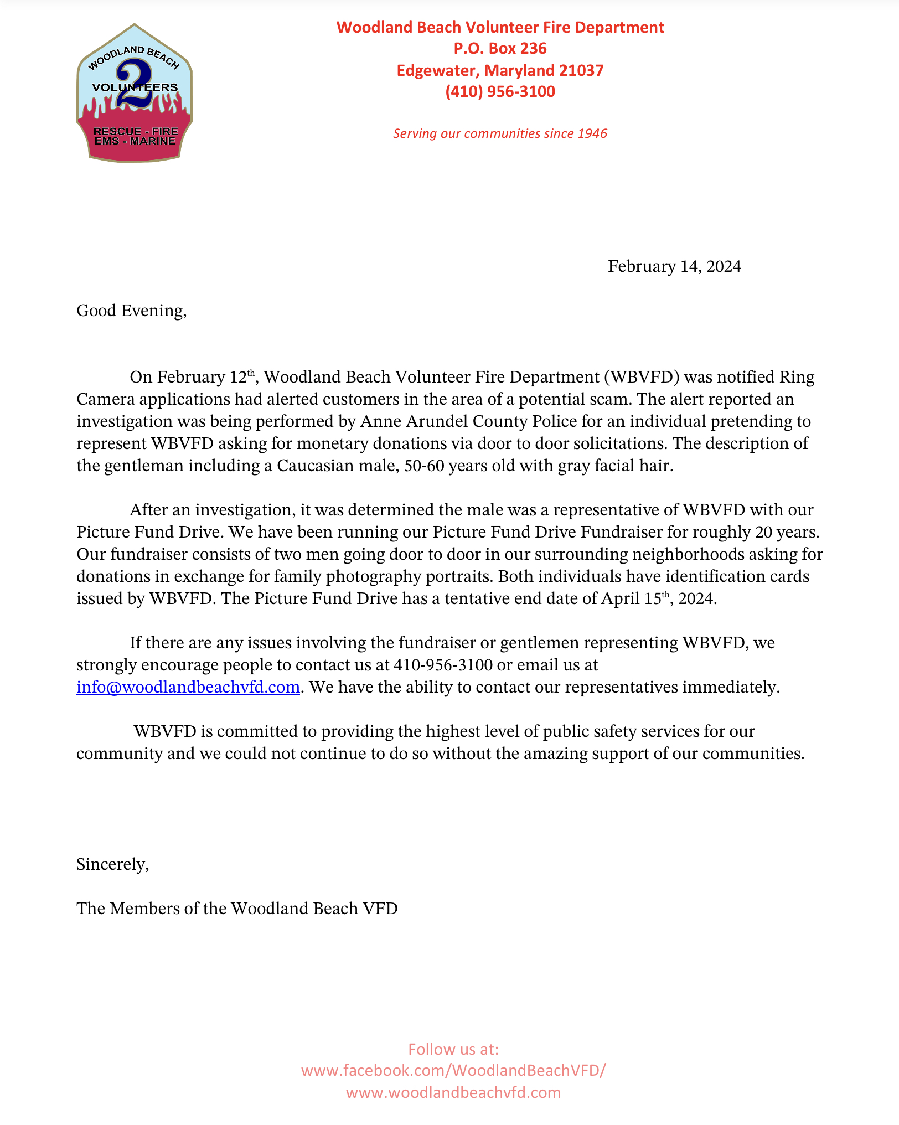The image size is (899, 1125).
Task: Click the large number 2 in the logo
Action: pos(135,84)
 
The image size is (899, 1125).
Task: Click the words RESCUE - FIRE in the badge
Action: pos(136,131)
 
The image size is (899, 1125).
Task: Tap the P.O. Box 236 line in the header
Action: pos(500,49)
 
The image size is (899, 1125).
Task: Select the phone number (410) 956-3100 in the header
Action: pos(500,92)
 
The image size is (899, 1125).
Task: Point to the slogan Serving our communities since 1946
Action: pos(500,133)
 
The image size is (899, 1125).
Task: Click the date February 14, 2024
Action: pos(674,266)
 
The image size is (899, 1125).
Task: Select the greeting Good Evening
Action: pos(131,311)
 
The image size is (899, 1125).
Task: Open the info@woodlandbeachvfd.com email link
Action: pos(188,687)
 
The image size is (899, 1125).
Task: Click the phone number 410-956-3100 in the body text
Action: pos(443,665)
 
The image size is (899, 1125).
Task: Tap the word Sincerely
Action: pos(112,864)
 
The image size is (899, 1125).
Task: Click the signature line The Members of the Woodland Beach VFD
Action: pos(237,909)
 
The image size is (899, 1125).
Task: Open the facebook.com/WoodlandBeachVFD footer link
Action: pos(453,1070)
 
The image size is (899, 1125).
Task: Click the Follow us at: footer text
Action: pos(453,1049)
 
